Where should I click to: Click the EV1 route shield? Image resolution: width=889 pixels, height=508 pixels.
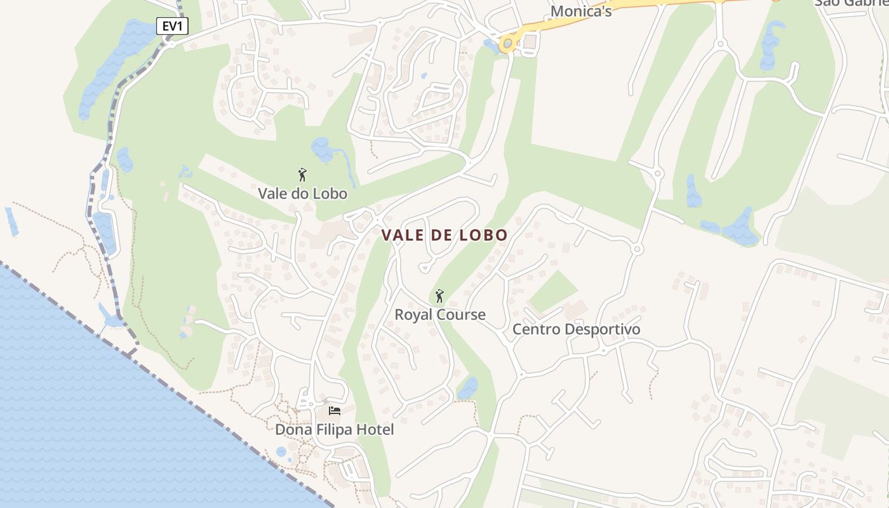tap(172, 26)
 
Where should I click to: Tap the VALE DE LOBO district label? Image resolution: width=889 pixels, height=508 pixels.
tap(444, 236)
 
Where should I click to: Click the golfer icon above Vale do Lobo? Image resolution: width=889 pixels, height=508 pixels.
tap(302, 175)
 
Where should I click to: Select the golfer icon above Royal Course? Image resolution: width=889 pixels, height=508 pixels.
tap(439, 295)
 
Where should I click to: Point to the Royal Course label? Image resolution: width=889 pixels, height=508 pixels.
tap(440, 314)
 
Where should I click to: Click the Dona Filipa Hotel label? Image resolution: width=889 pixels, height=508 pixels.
tap(334, 430)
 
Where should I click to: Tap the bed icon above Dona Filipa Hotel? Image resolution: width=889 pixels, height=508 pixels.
tap(335, 411)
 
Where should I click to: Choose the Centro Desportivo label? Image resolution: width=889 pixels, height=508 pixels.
tap(576, 330)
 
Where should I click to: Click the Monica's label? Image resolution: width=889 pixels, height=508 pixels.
tap(581, 11)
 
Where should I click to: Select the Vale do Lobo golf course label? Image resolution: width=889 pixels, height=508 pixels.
tap(302, 194)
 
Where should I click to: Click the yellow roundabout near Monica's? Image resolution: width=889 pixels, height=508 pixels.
tap(508, 44)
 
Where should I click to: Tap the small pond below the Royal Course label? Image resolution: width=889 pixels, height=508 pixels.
tap(467, 388)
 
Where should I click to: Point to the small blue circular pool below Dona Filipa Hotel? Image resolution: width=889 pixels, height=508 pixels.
tap(281, 451)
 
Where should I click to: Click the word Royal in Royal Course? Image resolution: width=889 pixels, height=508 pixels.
tap(413, 314)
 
